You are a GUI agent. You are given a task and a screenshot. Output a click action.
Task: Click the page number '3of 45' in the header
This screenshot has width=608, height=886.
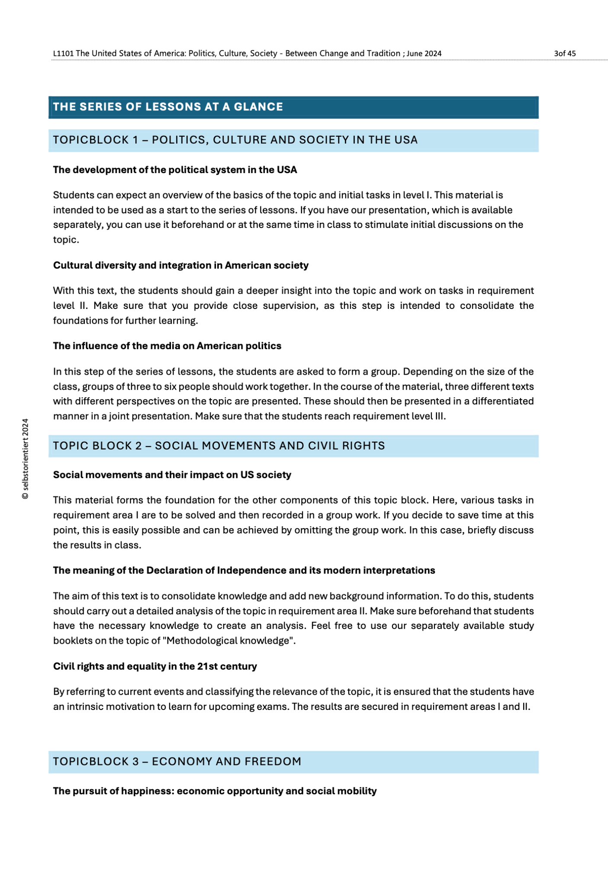pos(565,54)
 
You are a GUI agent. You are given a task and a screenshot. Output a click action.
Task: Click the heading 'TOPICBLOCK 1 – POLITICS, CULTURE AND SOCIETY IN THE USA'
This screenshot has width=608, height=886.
pos(235,140)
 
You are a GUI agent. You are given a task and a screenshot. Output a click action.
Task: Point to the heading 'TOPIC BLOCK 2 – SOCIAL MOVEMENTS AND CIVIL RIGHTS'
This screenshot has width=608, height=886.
pos(219,446)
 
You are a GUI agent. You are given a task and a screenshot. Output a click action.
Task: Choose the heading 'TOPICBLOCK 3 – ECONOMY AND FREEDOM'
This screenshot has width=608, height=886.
pos(177,762)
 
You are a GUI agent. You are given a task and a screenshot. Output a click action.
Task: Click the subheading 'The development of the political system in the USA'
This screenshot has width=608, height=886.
pos(175,170)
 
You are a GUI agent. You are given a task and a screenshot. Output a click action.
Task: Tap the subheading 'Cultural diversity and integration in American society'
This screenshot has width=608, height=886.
pos(180,265)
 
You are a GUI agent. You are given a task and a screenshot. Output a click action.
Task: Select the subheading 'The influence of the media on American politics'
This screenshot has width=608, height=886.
pos(167,346)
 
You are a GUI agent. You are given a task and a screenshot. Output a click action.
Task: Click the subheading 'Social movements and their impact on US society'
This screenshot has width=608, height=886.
pos(172,475)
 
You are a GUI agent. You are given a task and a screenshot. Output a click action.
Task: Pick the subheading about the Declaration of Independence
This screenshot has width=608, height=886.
pos(244,571)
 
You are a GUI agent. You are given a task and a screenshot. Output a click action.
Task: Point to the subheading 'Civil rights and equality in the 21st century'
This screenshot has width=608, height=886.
pos(155,666)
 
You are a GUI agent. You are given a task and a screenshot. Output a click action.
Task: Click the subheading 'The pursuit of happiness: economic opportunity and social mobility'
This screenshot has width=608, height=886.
pos(215,791)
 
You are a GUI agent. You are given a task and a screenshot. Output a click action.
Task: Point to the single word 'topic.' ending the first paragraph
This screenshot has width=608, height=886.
pos(66,240)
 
